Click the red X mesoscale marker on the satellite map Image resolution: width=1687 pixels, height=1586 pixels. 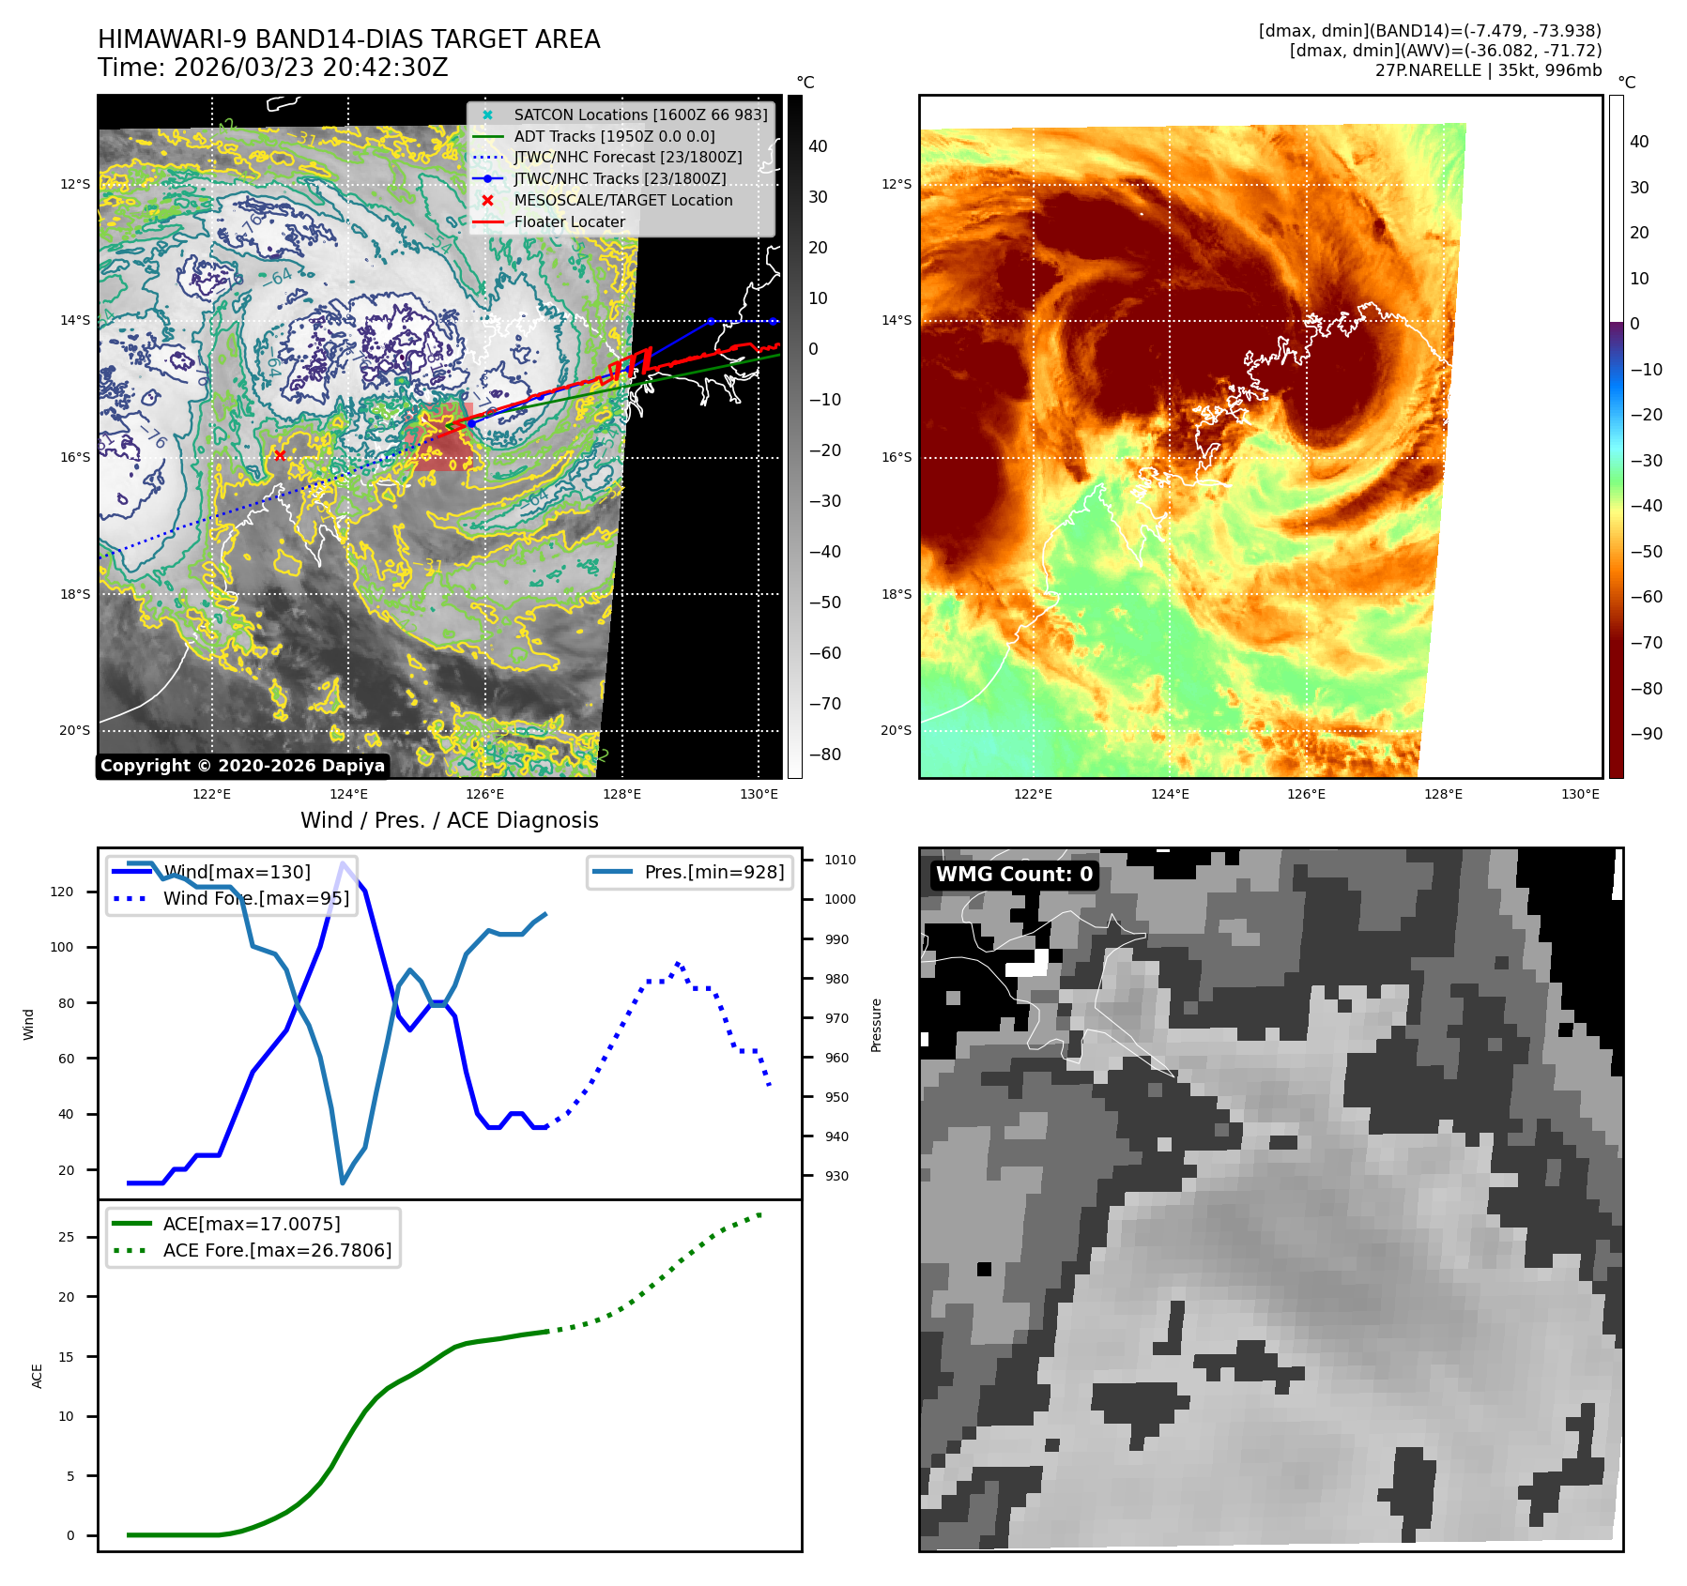(280, 455)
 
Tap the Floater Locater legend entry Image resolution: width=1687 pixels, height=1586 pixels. (569, 221)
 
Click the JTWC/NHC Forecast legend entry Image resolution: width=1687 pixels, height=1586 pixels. (627, 157)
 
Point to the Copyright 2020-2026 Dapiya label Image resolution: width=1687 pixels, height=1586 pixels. (242, 766)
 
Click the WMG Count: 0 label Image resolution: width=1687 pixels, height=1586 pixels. (1014, 874)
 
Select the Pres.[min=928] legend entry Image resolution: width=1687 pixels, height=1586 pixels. (713, 872)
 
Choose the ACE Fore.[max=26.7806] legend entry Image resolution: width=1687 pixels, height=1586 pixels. (277, 1250)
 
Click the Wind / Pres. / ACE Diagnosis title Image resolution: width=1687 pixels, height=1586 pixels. (449, 820)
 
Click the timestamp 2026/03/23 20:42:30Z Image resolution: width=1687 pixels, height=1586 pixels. (311, 68)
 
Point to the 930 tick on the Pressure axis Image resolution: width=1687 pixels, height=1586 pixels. (836, 1176)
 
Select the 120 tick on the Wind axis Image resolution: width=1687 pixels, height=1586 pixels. (62, 892)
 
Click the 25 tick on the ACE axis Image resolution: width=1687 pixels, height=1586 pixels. (66, 1237)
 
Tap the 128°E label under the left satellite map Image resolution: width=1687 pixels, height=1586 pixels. (621, 794)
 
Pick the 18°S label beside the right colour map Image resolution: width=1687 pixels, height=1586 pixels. (896, 594)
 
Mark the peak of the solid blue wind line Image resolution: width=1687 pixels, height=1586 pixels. (344, 862)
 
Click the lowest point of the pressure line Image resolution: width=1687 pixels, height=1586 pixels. (343, 1182)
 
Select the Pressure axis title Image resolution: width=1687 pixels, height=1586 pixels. (876, 1025)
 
